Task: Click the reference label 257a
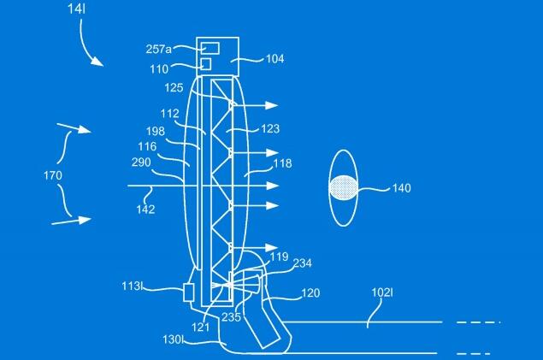point(158,49)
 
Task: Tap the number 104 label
point(275,59)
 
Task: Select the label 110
point(159,69)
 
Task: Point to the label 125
point(174,87)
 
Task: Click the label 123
point(270,129)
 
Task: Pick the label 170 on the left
point(53,175)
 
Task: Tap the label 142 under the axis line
point(145,210)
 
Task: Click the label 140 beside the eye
point(401,188)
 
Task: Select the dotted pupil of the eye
point(343,187)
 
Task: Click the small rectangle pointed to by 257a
point(210,49)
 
